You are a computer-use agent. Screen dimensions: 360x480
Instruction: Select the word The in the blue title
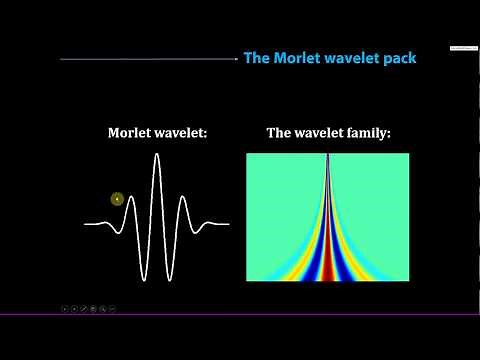(257, 58)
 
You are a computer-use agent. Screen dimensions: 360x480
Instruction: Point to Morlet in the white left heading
(135, 132)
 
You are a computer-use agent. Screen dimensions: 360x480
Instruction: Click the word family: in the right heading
(357, 132)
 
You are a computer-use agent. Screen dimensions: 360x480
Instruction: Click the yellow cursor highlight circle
(117, 199)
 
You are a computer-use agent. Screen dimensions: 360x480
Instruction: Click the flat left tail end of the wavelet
(90, 224)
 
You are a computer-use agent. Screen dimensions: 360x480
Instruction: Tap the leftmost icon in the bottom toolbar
(65, 308)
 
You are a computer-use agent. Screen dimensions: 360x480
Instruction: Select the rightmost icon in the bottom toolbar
(112, 308)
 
